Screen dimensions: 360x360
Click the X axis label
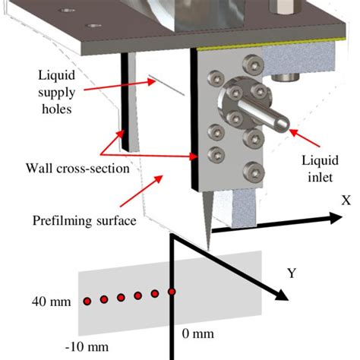[346, 201]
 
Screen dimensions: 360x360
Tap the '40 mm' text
[49, 302]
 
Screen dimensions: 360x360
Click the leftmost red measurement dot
[87, 302]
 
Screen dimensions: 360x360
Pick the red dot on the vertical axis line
[172, 292]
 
